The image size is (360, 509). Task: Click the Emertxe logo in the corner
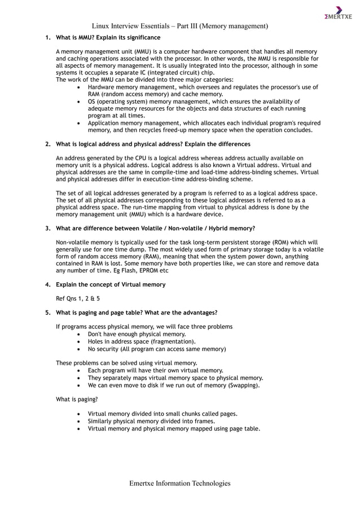pos(338,13)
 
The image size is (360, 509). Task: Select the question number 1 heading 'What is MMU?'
pos(108,38)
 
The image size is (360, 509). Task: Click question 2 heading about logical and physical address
pos(153,144)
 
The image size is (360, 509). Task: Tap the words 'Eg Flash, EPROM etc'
pos(137,270)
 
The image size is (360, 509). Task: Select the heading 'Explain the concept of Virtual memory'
pos(111,284)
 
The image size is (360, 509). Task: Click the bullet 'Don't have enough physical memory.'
pos(137,334)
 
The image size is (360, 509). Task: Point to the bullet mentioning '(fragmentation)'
pos(142,341)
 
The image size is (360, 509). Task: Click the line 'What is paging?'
pos(77,400)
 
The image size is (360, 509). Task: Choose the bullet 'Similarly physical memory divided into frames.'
pos(151,421)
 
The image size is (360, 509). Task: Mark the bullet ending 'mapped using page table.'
pos(174,428)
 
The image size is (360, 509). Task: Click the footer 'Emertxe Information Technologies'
pos(179,484)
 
